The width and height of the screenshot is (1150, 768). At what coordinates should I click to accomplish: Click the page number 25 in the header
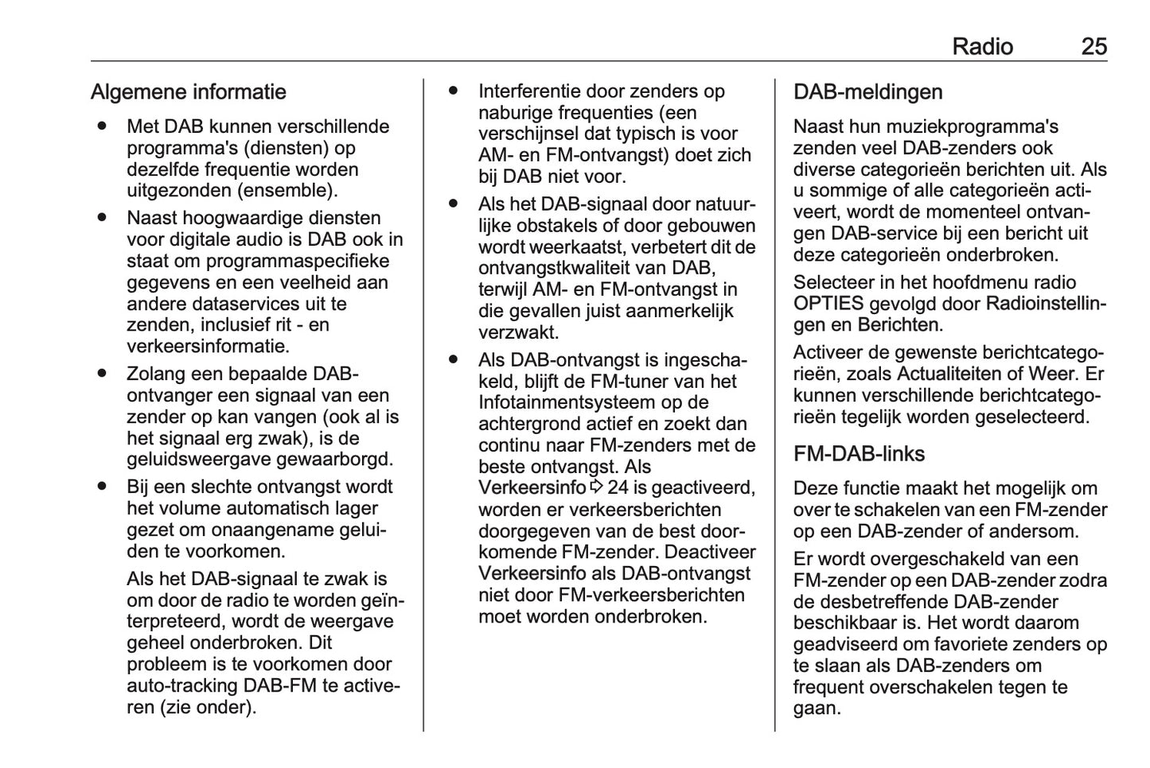point(1093,47)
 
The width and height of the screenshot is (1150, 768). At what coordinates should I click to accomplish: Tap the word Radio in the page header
point(982,47)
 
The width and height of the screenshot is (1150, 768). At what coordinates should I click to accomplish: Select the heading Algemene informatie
point(188,92)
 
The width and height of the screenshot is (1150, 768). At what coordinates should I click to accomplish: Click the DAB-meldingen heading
point(867,92)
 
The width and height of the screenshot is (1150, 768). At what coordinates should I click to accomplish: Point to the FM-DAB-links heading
point(859,454)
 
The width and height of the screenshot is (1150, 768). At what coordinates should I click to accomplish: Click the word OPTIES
point(828,304)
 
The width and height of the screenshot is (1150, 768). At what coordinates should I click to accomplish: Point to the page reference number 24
point(618,487)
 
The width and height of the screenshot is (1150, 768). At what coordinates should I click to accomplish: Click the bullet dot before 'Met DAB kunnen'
point(102,126)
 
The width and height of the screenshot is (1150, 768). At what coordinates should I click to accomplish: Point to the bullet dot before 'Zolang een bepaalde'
point(102,373)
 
